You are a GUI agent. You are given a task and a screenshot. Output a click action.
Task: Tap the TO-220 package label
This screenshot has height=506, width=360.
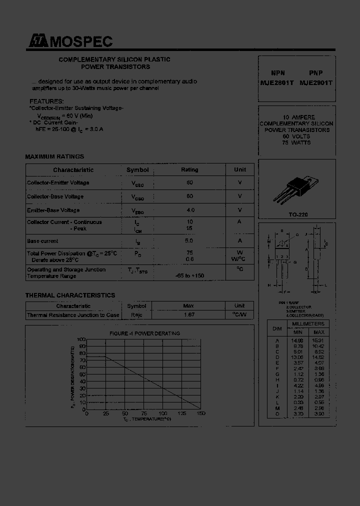(x=298, y=214)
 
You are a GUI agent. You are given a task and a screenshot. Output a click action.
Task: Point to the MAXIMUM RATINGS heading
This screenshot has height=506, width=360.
(x=54, y=156)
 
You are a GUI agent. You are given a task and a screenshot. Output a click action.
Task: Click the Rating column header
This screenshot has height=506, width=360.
(x=189, y=170)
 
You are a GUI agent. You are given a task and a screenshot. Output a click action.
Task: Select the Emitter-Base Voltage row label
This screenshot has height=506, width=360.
(x=53, y=210)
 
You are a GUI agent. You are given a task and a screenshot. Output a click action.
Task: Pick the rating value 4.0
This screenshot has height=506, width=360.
(x=189, y=210)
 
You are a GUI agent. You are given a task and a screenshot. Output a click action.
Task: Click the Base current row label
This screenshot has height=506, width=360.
(x=42, y=241)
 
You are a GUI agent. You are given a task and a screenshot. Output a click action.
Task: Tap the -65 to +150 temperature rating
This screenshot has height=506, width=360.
(x=189, y=276)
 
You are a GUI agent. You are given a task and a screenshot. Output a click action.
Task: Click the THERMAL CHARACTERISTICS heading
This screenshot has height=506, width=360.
(x=70, y=295)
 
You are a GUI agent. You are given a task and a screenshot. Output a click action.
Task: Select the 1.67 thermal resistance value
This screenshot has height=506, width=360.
(x=189, y=315)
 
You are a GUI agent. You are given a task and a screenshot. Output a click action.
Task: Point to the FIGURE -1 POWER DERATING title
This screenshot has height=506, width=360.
(x=144, y=333)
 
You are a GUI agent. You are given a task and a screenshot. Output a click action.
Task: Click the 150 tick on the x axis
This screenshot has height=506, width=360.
(x=201, y=413)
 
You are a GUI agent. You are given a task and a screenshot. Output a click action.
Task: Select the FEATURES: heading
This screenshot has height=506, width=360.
(x=46, y=101)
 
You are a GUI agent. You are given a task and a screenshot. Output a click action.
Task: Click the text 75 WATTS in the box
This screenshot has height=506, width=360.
(x=296, y=143)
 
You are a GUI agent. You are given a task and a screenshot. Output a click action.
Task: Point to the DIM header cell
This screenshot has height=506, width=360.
(x=277, y=328)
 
